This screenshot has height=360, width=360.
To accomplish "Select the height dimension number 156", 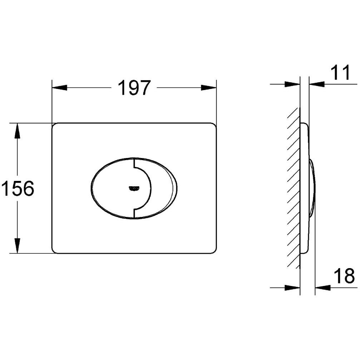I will (x=18, y=188).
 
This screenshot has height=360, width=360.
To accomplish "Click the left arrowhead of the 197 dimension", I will (x=60, y=88).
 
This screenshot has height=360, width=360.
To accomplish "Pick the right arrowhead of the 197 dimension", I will (x=209, y=88).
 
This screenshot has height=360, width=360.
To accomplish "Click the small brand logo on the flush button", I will (x=134, y=187).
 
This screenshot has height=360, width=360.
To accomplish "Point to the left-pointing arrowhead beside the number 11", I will (x=317, y=84).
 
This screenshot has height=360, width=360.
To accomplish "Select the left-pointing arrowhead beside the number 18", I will (x=323, y=287).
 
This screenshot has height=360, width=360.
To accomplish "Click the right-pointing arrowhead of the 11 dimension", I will (x=292, y=84).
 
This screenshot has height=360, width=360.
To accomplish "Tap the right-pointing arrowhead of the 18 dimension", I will (x=292, y=287).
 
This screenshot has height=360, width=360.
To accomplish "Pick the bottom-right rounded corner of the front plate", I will (x=214, y=251).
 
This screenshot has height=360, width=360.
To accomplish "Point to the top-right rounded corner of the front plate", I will (x=214, y=126).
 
